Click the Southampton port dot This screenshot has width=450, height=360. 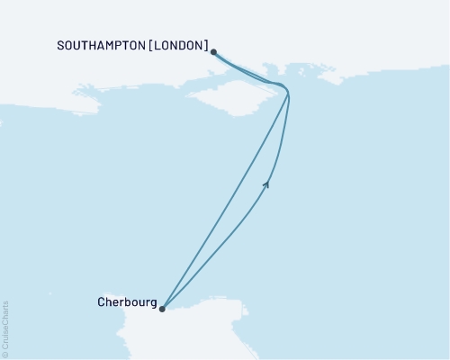[x=213, y=52]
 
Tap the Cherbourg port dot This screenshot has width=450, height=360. [x=162, y=309]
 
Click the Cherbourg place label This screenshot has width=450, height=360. [x=126, y=302]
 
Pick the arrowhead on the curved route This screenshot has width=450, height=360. [x=266, y=184]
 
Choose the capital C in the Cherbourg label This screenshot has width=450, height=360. [x=101, y=302]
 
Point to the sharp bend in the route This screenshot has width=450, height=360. [x=288, y=92]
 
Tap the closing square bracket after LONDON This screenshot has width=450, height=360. [x=208, y=45]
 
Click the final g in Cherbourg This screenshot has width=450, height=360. [x=152, y=304]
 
